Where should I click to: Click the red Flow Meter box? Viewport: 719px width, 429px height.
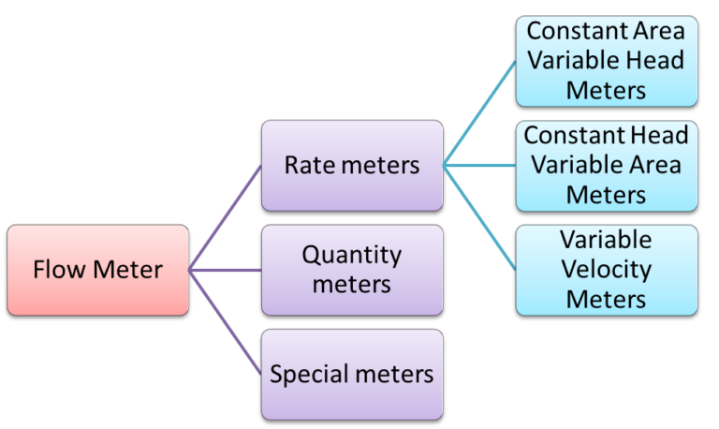coord(97,270)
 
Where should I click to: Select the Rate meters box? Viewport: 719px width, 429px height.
coord(352,165)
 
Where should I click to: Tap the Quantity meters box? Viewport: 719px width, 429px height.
coord(352,270)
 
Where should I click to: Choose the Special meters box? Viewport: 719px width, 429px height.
coord(352,375)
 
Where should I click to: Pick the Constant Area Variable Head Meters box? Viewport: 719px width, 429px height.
coord(606,60)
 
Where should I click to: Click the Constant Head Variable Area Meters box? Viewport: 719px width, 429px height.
coord(606,165)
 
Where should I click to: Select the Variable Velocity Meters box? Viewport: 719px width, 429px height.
coord(606,270)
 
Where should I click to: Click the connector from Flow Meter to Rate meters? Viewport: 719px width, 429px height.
coord(225,218)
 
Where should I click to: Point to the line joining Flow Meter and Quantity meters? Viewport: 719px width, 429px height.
coord(225,270)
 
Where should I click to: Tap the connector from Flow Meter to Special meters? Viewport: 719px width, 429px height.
coord(225,322)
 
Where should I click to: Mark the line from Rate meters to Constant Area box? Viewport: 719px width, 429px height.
coord(479,113)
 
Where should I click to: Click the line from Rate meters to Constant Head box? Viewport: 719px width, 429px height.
coord(479,166)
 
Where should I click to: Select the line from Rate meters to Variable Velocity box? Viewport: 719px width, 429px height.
coord(479,218)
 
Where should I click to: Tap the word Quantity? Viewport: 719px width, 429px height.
coord(352,256)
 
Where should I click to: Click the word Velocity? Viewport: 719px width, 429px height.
coord(606,270)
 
